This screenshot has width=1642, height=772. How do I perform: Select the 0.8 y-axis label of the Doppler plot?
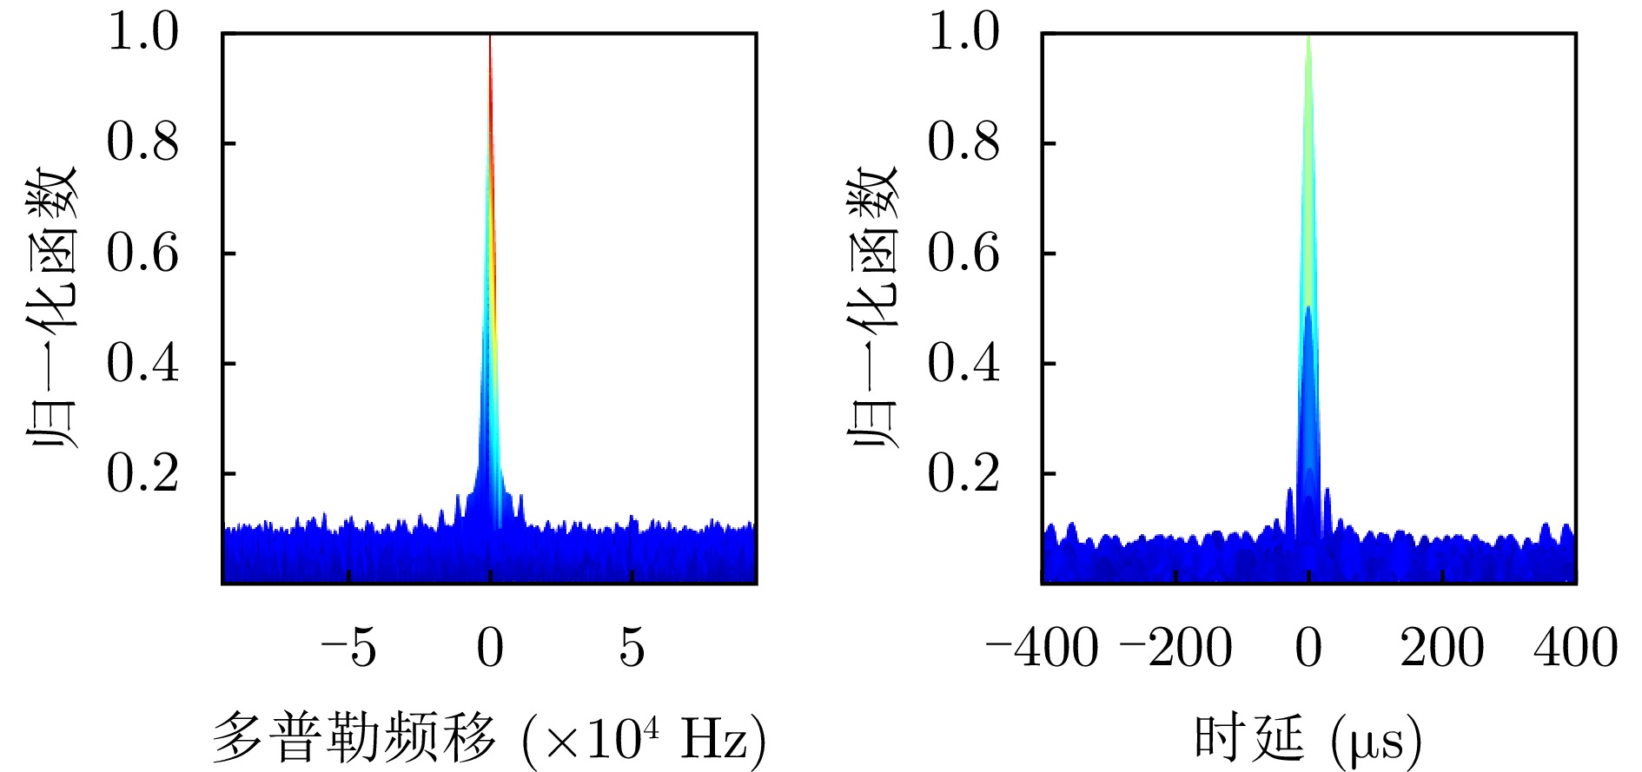pyautogui.click(x=143, y=142)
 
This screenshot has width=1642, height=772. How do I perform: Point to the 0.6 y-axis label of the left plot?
pyautogui.click(x=143, y=253)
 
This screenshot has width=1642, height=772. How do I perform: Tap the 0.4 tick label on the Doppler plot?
pyautogui.click(x=143, y=363)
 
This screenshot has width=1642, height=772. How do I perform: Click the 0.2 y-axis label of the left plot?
pyautogui.click(x=143, y=473)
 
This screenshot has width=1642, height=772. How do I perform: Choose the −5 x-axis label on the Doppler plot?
pyautogui.click(x=348, y=648)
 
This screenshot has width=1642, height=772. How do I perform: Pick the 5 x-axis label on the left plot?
pyautogui.click(x=632, y=648)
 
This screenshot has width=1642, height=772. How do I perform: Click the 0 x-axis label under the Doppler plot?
pyautogui.click(x=490, y=648)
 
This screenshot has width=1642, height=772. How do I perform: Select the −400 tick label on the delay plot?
pyautogui.click(x=1042, y=648)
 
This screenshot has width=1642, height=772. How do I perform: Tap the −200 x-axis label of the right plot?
pyautogui.click(x=1176, y=648)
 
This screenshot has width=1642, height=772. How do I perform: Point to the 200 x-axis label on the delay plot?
pyautogui.click(x=1442, y=648)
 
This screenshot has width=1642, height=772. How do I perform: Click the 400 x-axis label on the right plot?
pyautogui.click(x=1575, y=648)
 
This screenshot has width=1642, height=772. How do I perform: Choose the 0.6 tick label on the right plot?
pyautogui.click(x=964, y=253)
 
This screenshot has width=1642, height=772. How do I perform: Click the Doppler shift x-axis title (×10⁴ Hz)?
pyautogui.click(x=489, y=738)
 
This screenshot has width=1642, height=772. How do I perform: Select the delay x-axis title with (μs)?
pyautogui.click(x=1308, y=738)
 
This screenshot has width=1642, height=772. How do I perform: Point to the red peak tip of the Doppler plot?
pyautogui.click(x=490, y=39)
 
